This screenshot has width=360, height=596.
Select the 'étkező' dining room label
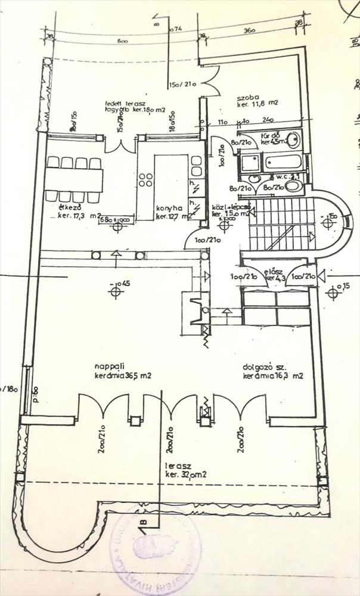tap(66, 208)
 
